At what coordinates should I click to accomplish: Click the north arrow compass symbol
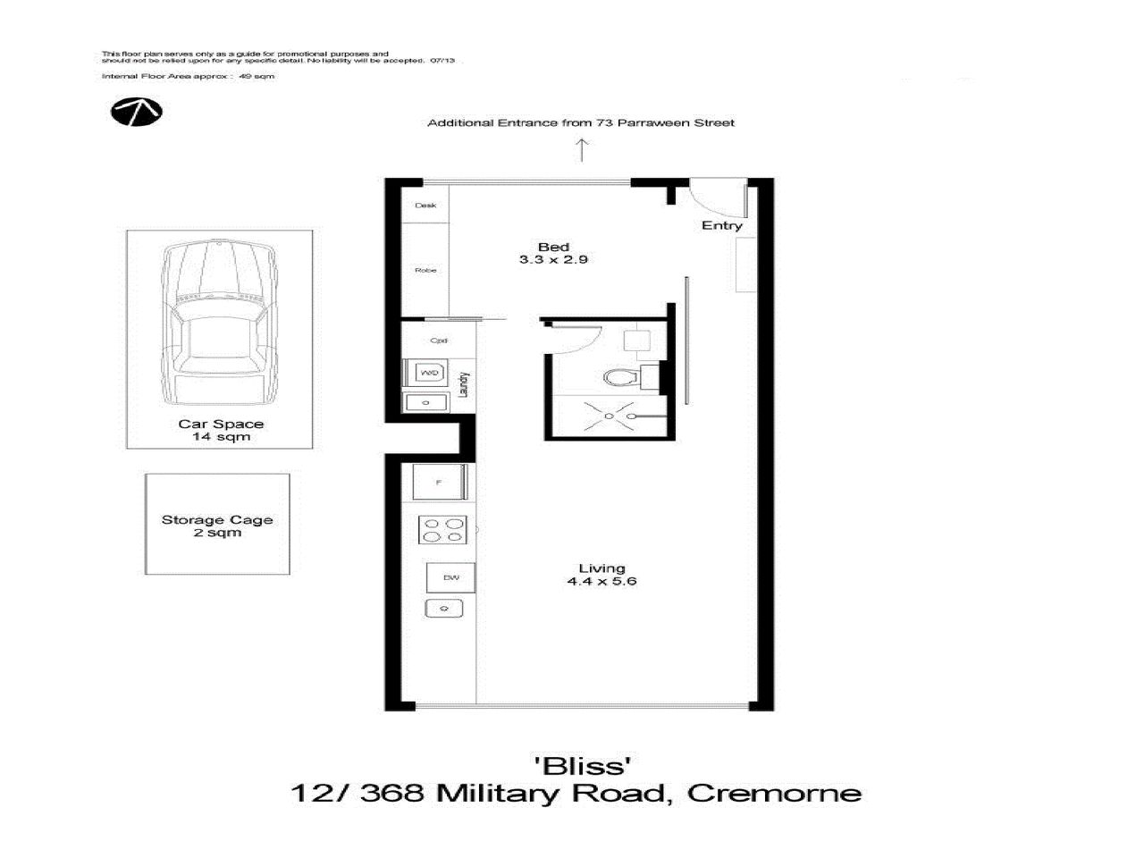click(x=136, y=112)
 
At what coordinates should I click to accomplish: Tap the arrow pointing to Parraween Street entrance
click(x=582, y=150)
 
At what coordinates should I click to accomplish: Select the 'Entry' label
click(x=721, y=226)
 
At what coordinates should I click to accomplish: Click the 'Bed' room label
click(x=553, y=247)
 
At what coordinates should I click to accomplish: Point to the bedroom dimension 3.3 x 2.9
click(x=553, y=260)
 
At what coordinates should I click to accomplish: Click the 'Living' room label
click(x=601, y=568)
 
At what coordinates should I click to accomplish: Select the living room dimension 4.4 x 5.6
click(x=601, y=581)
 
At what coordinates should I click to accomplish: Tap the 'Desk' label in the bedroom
click(x=425, y=206)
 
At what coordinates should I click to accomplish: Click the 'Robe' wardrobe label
click(x=425, y=270)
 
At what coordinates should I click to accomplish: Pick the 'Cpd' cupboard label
click(x=438, y=341)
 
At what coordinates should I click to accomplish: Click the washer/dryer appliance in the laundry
click(x=429, y=372)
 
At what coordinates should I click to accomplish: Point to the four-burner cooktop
click(x=442, y=530)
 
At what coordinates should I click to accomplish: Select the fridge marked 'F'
click(x=438, y=483)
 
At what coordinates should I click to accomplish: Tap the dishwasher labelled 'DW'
click(x=450, y=578)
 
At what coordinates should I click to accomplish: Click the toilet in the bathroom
click(x=619, y=377)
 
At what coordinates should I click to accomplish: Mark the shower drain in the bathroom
click(x=608, y=416)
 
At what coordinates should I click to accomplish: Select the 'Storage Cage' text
click(x=217, y=519)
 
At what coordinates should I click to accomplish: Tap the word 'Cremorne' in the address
click(x=774, y=793)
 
